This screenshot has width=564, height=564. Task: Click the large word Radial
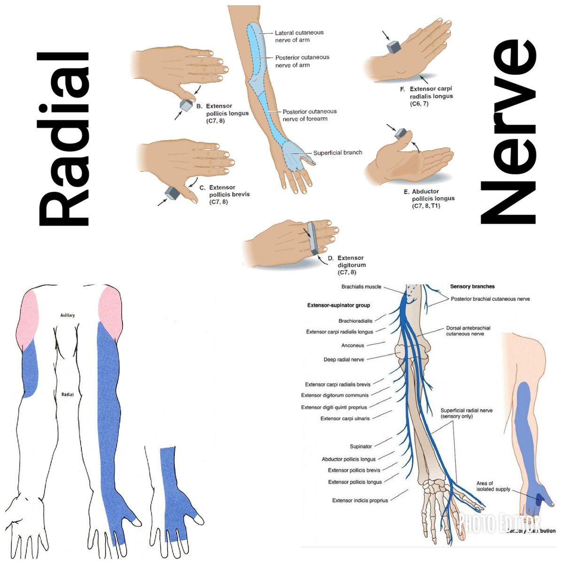point(63,139)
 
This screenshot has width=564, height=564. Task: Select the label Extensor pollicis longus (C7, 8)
point(227,113)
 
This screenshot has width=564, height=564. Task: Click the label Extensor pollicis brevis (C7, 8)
point(229,195)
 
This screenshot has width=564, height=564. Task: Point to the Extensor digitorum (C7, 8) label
point(350,265)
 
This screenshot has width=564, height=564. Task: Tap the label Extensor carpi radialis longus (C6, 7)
point(431,96)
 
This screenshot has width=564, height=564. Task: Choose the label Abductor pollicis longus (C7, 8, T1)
point(432,198)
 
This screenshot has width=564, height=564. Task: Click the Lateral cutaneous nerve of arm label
point(299,36)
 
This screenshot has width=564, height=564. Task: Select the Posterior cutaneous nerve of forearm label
point(309,115)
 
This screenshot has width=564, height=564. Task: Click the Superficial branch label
point(337,153)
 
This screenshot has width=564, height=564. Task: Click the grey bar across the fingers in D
point(312,237)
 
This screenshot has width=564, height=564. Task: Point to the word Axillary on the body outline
point(68,315)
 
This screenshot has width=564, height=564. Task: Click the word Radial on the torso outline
point(68,394)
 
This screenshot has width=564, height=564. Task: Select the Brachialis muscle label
point(361,287)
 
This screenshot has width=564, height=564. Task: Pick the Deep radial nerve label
point(344,360)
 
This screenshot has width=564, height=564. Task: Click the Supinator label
point(360,446)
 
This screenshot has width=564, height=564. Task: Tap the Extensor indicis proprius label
point(360,501)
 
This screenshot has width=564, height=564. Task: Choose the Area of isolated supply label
point(493,486)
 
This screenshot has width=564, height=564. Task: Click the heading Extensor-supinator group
point(338,305)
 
